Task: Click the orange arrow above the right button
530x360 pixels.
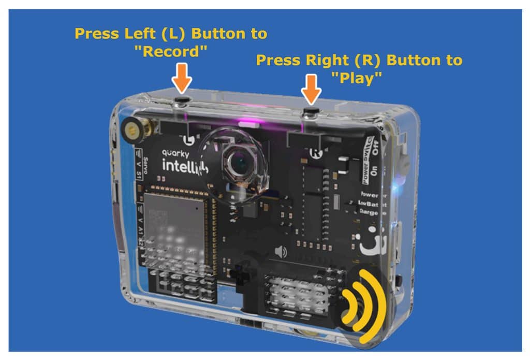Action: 311,88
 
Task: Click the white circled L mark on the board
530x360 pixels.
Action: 190,139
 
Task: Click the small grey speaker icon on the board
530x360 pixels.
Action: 281,252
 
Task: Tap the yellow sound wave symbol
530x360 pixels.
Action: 365,306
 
